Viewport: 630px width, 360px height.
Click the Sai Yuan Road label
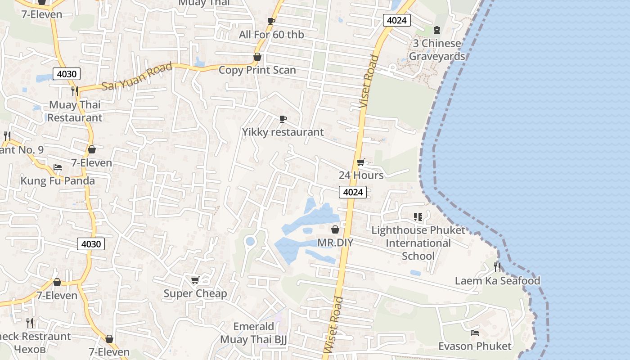point(137,76)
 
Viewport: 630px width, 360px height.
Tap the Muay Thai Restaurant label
point(75,111)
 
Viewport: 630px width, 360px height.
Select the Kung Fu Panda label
point(58,181)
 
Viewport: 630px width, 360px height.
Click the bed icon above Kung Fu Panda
point(58,167)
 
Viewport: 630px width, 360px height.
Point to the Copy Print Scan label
point(257,70)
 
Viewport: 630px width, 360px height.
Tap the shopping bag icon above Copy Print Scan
point(257,57)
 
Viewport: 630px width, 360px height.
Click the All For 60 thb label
point(271,35)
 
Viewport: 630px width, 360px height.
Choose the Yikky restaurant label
point(283,132)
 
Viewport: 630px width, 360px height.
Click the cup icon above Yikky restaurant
point(283,119)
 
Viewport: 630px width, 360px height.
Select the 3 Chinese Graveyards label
point(436,50)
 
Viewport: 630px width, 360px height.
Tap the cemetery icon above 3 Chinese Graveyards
point(436,30)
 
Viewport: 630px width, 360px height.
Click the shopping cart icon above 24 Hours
point(360,162)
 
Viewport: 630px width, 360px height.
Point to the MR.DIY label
point(335,243)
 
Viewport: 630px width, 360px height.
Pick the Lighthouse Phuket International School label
point(418,243)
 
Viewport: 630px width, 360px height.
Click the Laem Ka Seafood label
point(497,281)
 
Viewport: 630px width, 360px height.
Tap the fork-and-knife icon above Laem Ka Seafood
point(497,267)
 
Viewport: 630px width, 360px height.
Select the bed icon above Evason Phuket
point(475,333)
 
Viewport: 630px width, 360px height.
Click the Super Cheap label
point(195,293)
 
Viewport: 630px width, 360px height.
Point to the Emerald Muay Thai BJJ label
point(253,333)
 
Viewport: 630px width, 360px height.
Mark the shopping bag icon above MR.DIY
point(335,229)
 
